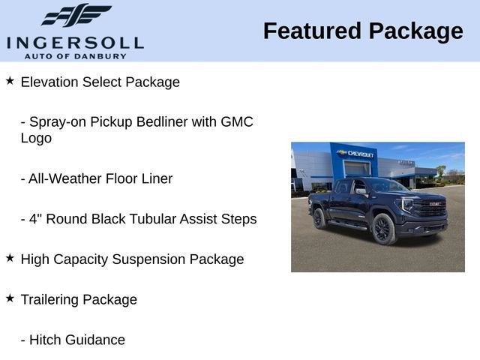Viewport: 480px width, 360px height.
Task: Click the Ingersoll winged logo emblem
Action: click(x=76, y=16)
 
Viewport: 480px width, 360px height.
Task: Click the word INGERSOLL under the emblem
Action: click(x=75, y=42)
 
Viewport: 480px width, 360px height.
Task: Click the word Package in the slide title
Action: click(x=415, y=31)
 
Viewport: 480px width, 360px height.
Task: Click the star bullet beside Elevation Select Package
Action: click(x=10, y=79)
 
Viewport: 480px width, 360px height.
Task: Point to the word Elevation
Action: click(x=49, y=82)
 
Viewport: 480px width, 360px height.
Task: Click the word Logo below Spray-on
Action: click(x=36, y=138)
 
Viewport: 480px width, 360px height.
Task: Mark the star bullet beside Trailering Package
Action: click(x=10, y=297)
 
